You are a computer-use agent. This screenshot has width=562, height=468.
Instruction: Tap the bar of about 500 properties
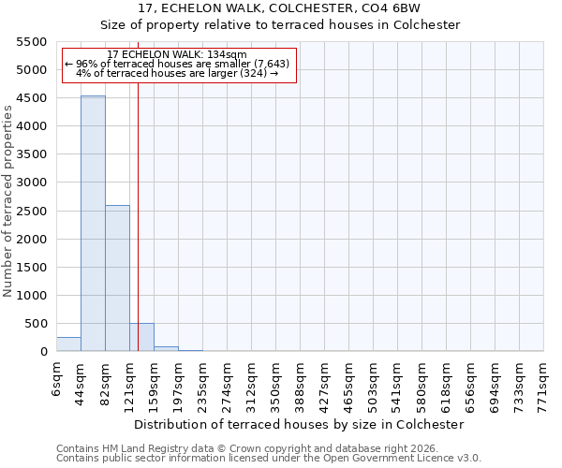click(141, 337)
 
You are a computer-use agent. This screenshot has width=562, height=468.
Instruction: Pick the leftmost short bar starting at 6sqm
click(68, 344)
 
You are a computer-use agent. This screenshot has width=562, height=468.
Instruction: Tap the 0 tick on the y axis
click(43, 352)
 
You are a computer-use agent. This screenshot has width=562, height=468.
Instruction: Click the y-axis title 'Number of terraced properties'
click(8, 201)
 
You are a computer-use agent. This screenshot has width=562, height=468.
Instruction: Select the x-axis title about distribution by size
click(300, 424)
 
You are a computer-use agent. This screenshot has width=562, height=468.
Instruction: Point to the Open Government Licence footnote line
click(269, 458)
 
